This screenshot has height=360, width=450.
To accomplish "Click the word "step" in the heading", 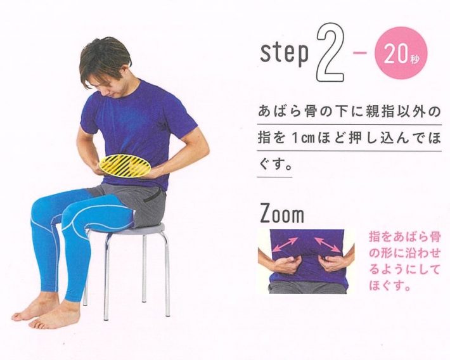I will coord(284,54).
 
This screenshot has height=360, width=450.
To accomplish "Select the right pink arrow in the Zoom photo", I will coord(327,242).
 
